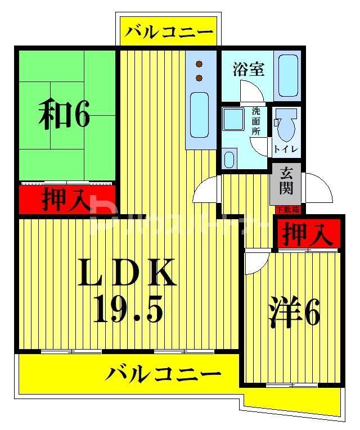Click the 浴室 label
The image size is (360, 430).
249,70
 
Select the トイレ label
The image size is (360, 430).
286,149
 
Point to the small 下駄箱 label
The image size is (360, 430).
287,210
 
